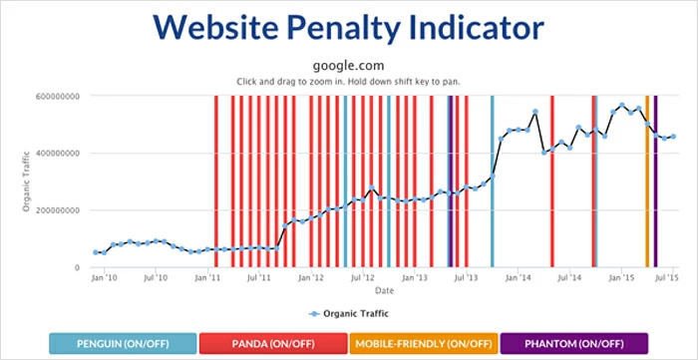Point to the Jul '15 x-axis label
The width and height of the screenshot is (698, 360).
click(x=672, y=279)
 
